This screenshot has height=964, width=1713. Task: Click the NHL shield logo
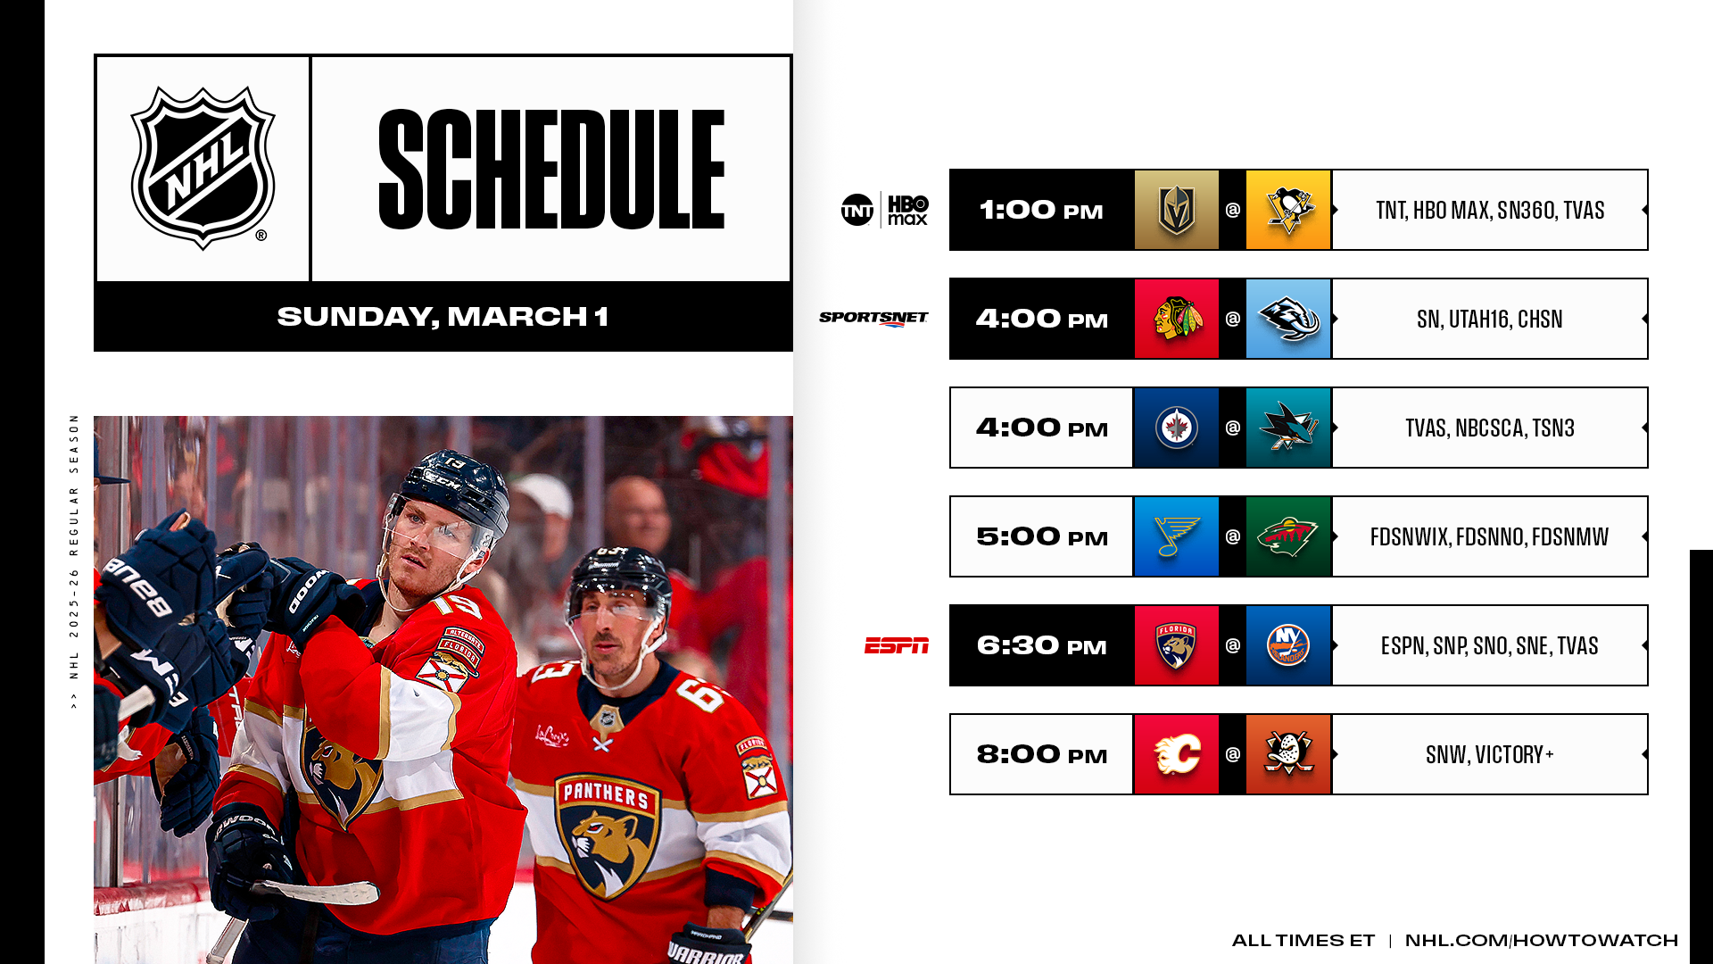[203, 168]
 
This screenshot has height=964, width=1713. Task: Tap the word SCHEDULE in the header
[551, 170]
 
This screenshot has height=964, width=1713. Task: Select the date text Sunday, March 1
[443, 317]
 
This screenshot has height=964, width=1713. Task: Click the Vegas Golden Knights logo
[1176, 211]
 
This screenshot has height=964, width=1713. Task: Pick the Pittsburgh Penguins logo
[1288, 211]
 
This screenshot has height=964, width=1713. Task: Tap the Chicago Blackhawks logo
[1177, 319]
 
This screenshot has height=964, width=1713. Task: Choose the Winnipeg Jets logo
[1176, 428]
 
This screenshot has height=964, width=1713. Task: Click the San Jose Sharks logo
[1288, 428]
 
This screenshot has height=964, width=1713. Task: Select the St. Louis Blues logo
[1176, 536]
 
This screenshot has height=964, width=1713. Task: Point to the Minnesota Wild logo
[1288, 536]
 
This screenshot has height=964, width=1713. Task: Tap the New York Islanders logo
[1288, 645]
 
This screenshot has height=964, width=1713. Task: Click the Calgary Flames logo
[1177, 754]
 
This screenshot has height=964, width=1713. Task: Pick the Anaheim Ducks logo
[1288, 754]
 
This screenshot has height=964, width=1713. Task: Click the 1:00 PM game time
[1041, 211]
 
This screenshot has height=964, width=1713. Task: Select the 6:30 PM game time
[1041, 645]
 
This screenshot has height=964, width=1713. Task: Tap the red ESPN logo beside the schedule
[897, 645]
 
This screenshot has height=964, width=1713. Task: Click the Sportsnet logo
[873, 319]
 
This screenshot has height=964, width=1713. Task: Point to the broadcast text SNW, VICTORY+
[1490, 755]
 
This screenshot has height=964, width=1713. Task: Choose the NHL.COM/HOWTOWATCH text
[1542, 940]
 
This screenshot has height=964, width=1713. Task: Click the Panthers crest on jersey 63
[607, 835]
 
